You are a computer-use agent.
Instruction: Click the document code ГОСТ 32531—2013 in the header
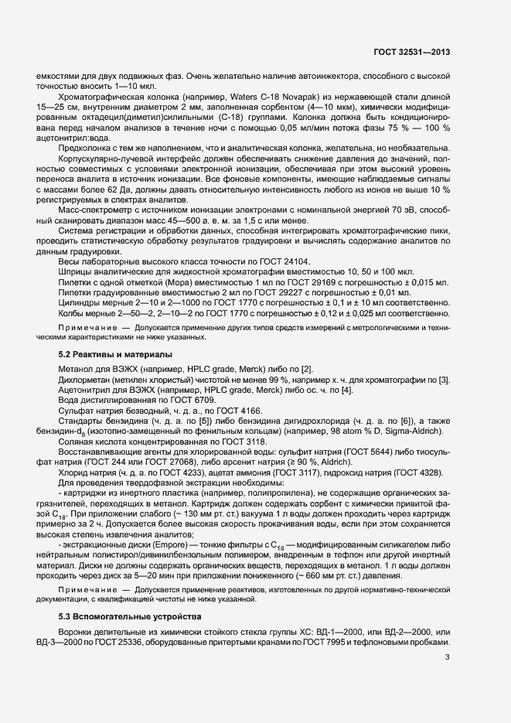tap(412, 53)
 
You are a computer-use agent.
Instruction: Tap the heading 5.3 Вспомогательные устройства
tap(130, 594)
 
